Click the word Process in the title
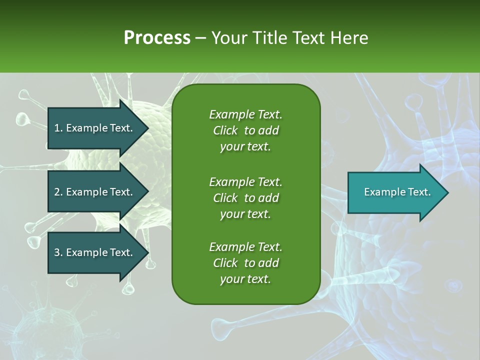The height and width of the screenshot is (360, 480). pos(157,38)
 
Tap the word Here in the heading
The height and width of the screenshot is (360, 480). pos(349,38)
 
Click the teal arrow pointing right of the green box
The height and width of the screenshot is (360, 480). pos(395,192)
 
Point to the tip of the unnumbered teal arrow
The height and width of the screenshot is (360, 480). pos(447,192)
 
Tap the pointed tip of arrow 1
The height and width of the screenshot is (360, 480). pos(147,128)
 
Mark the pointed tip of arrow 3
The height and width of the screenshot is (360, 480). pos(147,253)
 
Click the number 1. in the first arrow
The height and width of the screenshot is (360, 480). pos(58,128)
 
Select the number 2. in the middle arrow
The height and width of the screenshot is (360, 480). pos(58,192)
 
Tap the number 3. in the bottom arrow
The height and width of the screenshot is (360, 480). pos(58,253)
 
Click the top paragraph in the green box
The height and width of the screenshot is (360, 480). pos(245,130)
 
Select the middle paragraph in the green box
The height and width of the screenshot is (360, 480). pos(245,198)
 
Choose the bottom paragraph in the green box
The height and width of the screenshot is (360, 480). pos(245,263)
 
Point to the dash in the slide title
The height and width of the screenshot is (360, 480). pos(200,38)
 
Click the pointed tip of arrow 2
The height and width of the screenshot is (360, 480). pos(147,192)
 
